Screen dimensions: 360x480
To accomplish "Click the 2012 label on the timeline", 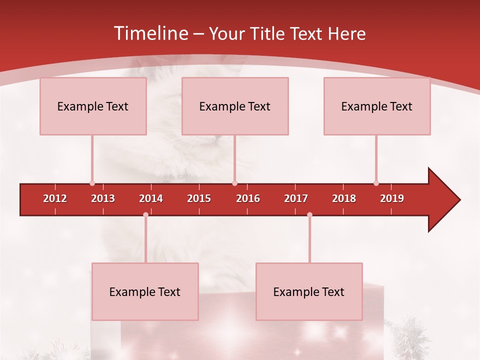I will coord(55,198).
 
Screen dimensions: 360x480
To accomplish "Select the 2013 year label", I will coord(103,198).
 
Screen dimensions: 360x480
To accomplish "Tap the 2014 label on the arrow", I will coord(151,198).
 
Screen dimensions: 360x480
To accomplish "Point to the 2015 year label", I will coord(199,198).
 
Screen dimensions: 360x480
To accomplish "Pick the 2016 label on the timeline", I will coord(248,198).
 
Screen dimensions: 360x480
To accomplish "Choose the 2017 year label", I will coord(296,198).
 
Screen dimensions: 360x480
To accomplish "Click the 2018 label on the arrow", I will coord(344,198).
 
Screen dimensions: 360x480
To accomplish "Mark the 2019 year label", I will coord(392,198).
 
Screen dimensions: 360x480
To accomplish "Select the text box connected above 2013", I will coord(93,106).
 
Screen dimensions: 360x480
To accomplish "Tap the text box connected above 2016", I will coord(235,106).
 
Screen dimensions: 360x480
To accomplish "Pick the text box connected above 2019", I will coord(377,106).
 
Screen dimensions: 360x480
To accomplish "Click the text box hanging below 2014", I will coord(145,292).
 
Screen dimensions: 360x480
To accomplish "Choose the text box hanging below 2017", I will coord(309,292).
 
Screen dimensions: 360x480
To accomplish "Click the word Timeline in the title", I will coord(150,33).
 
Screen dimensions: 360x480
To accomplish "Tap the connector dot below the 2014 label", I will coord(145,215).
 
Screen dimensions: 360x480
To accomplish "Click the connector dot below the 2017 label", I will coord(309,215).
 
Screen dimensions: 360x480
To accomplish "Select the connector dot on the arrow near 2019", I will coord(376,183).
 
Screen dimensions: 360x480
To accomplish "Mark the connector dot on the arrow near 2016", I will coord(234,183).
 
